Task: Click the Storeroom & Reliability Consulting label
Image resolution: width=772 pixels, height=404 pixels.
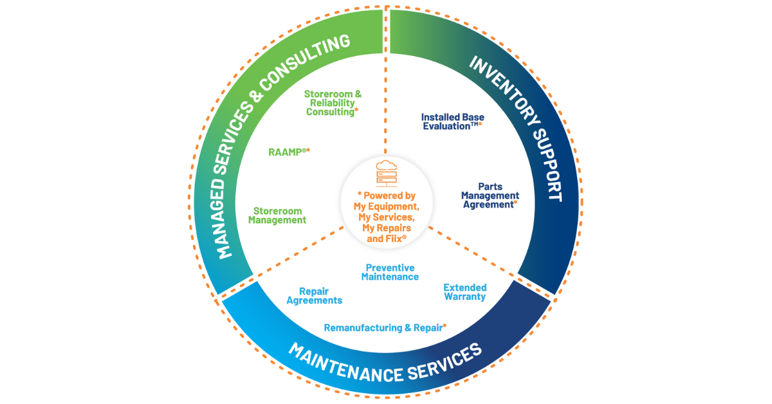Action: pyautogui.click(x=333, y=103)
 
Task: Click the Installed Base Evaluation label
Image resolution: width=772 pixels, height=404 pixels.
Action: pyautogui.click(x=452, y=122)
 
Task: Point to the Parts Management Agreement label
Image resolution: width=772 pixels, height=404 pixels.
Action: pyautogui.click(x=490, y=196)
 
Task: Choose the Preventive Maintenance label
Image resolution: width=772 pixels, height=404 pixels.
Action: pyautogui.click(x=390, y=272)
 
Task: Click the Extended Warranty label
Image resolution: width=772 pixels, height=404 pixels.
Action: pyautogui.click(x=464, y=292)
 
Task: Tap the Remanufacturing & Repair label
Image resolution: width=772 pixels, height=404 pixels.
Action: pyautogui.click(x=383, y=328)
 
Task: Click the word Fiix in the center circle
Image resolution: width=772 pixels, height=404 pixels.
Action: pyautogui.click(x=394, y=239)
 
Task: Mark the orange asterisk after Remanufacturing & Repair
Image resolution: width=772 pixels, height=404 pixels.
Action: pyautogui.click(x=445, y=326)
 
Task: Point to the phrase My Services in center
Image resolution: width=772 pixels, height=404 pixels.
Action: pyautogui.click(x=385, y=217)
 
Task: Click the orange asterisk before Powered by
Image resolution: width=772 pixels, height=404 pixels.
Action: pyautogui.click(x=359, y=195)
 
